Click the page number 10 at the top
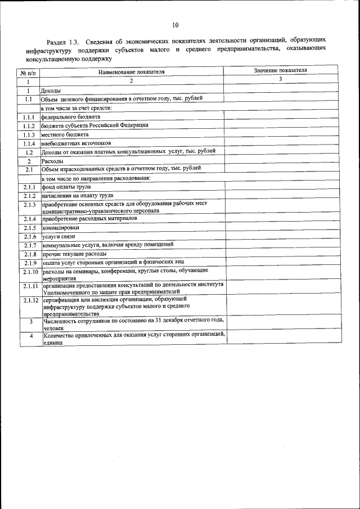click(x=175, y=25)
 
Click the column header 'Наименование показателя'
click(x=132, y=73)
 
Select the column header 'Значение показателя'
click(x=280, y=71)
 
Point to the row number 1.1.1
click(x=29, y=117)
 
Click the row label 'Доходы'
click(x=51, y=90)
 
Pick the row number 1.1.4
click(x=29, y=143)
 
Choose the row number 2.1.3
click(x=29, y=205)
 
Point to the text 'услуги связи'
click(x=58, y=237)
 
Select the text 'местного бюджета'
click(x=65, y=134)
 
